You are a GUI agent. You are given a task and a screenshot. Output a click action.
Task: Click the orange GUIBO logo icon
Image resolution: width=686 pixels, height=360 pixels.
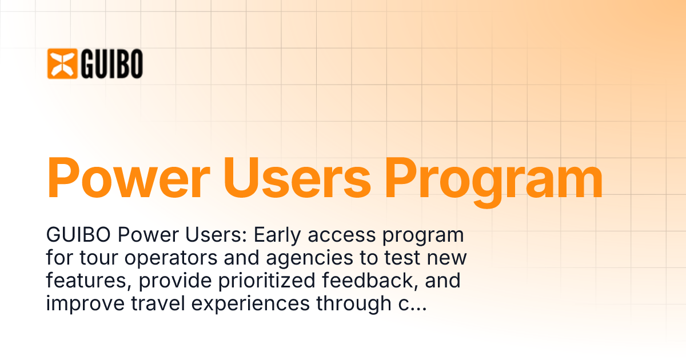click(x=62, y=63)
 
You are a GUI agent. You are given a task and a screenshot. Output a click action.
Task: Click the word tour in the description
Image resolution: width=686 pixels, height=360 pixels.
click(x=91, y=258)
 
